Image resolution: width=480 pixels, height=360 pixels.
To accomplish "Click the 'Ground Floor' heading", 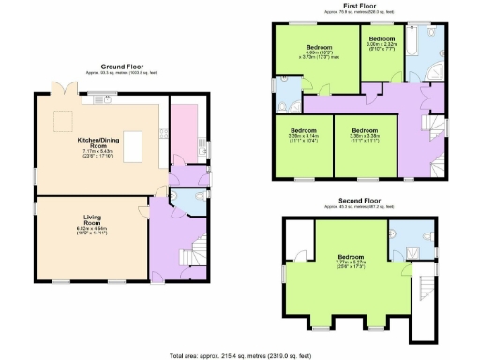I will (121, 67).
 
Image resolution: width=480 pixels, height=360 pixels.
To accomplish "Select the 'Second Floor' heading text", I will (360, 200).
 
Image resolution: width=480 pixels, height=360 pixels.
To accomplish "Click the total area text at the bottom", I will (240, 354).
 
